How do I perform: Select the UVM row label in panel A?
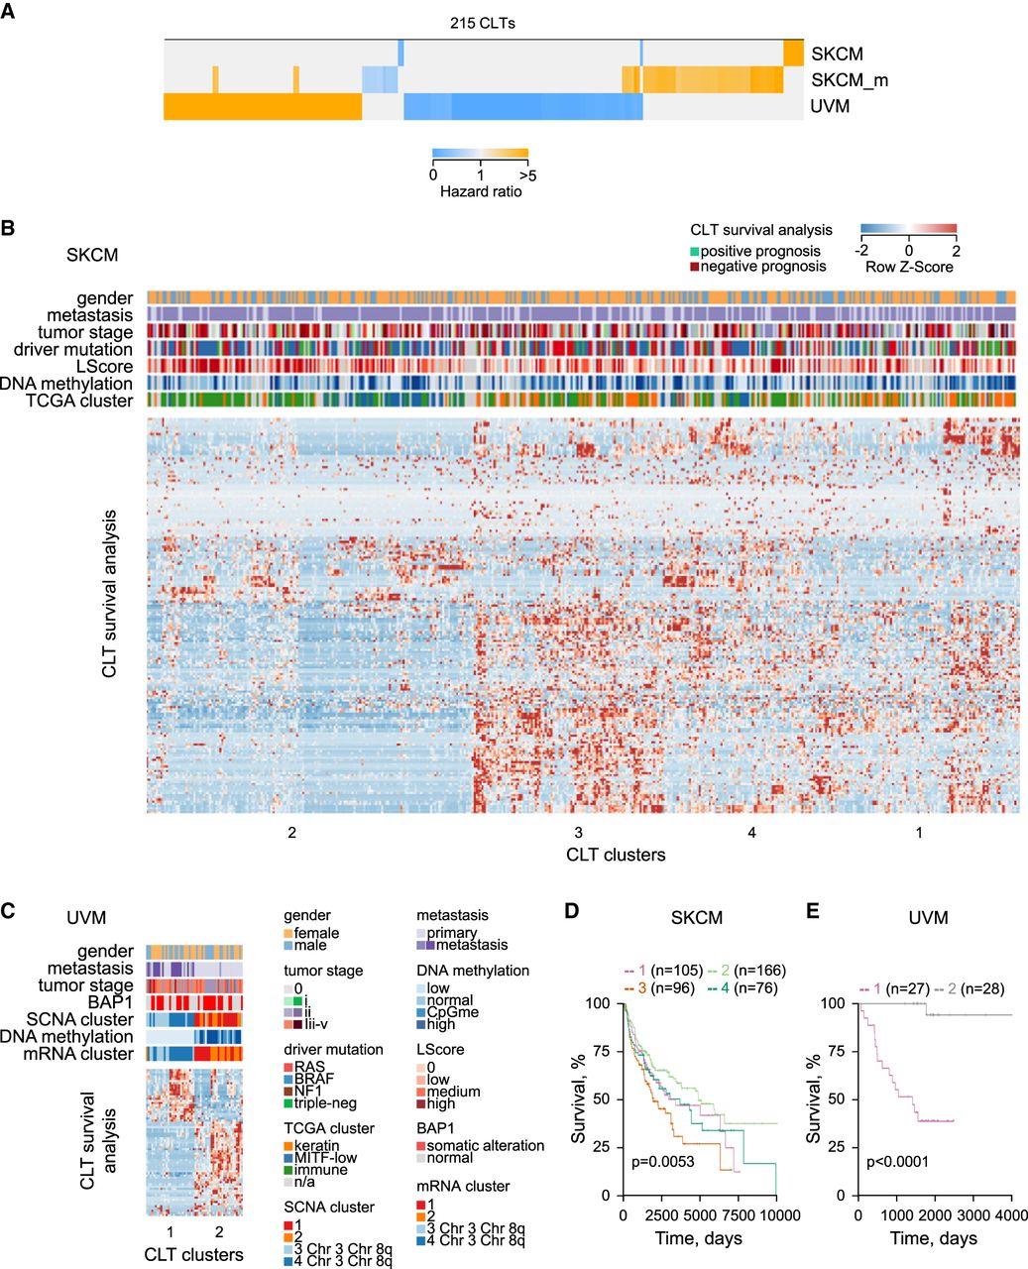click(830, 106)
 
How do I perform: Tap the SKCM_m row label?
click(849, 79)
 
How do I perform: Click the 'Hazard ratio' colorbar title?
click(481, 190)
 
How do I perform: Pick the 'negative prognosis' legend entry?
click(763, 266)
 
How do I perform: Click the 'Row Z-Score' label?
click(908, 267)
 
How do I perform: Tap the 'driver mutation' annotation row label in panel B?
click(73, 349)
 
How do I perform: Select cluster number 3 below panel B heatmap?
click(578, 833)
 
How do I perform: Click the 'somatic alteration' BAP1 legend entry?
click(486, 1145)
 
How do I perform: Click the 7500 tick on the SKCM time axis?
click(738, 1216)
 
